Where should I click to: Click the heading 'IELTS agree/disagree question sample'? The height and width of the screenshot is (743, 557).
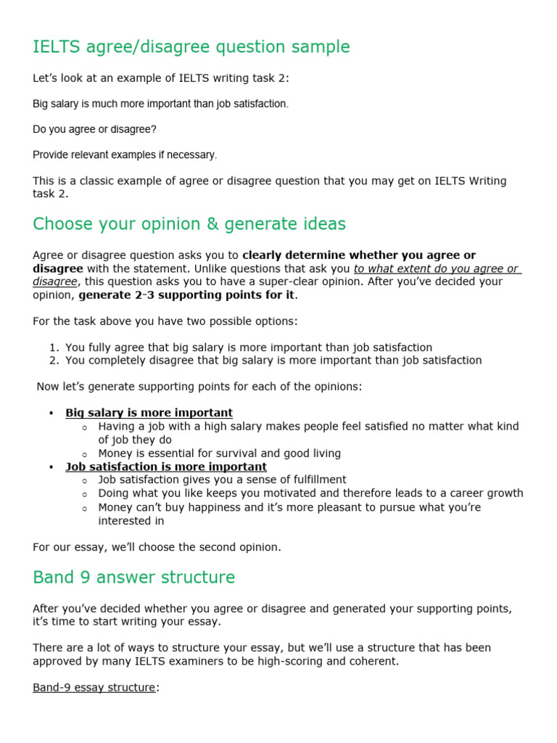pyautogui.click(x=191, y=47)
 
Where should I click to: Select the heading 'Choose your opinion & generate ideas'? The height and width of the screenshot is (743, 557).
pyautogui.click(x=189, y=224)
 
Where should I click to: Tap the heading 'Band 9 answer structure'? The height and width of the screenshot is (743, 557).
pyautogui.click(x=134, y=578)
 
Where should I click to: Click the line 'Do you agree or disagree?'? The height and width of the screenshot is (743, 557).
pyautogui.click(x=94, y=129)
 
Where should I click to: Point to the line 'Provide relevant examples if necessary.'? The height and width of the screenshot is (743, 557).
pyautogui.click(x=125, y=155)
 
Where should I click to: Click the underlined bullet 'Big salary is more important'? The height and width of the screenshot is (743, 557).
pyautogui.click(x=149, y=413)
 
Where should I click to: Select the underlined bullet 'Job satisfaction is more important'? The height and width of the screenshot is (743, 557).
pyautogui.click(x=166, y=467)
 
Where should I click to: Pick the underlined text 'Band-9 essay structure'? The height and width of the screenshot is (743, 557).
pyautogui.click(x=94, y=687)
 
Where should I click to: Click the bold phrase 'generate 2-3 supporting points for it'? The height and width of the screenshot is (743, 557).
pyautogui.click(x=188, y=295)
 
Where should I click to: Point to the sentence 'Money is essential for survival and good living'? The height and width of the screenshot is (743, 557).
pyautogui.click(x=219, y=453)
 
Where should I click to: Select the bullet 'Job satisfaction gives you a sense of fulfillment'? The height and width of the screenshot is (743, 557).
pyautogui.click(x=222, y=480)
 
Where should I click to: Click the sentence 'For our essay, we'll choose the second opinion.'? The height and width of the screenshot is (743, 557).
pyautogui.click(x=157, y=547)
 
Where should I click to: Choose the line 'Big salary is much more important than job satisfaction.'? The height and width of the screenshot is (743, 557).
pyautogui.click(x=160, y=104)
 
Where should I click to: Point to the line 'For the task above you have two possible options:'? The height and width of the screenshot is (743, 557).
pyautogui.click(x=165, y=321)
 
